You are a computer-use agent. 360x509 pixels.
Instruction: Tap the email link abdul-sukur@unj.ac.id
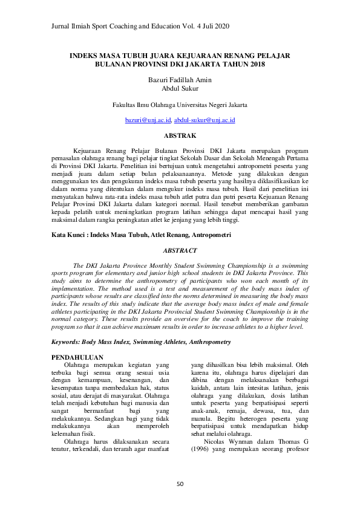pyautogui.click(x=205, y=120)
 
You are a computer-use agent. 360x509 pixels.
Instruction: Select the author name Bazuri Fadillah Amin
pyautogui.click(x=180, y=80)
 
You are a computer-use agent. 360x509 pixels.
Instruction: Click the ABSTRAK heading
pyautogui.click(x=180, y=136)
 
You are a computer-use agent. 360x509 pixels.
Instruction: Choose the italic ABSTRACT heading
pyautogui.click(x=180, y=250)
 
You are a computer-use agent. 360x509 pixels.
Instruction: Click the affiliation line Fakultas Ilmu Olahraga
pyautogui.click(x=180, y=105)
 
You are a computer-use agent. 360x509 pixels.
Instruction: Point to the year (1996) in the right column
pyautogui.click(x=200, y=449)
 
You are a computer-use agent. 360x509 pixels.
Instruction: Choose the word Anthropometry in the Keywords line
pyautogui.click(x=204, y=342)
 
